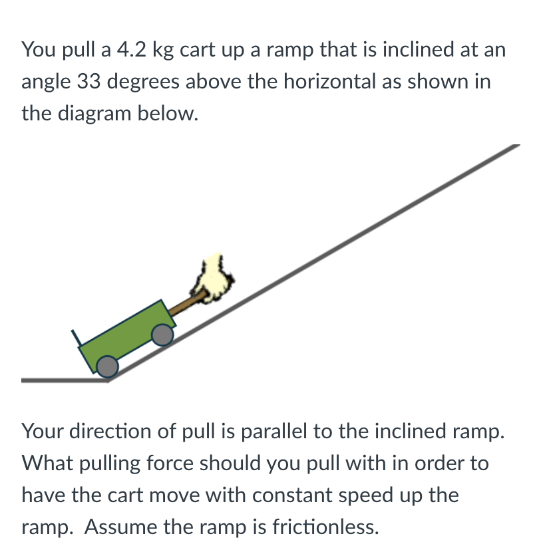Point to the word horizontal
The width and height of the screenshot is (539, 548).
pos(345,82)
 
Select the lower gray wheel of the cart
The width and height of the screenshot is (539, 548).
pos(106,366)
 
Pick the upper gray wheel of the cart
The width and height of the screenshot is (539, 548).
pos(162,335)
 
